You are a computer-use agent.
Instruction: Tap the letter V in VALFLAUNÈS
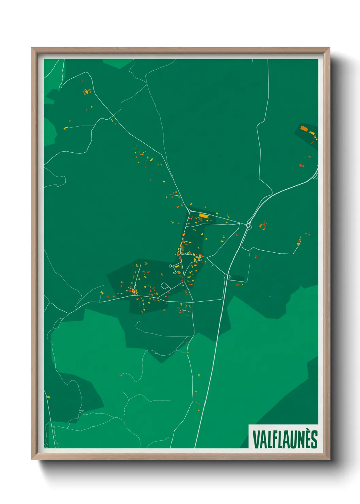coord(256,439)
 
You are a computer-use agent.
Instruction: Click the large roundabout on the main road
coord(248,225)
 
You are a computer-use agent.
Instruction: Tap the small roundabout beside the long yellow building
coord(189,211)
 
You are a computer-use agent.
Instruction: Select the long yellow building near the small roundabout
coord(203,215)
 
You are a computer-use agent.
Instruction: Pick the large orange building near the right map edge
coord(304,128)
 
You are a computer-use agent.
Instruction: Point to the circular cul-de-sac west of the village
coord(170,266)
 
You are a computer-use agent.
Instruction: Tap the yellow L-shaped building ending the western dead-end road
coord(66,128)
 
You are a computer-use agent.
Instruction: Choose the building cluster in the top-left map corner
coord(87,92)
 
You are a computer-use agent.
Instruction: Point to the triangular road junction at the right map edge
coord(316,175)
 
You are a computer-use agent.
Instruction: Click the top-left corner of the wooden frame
coord(32,48)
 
